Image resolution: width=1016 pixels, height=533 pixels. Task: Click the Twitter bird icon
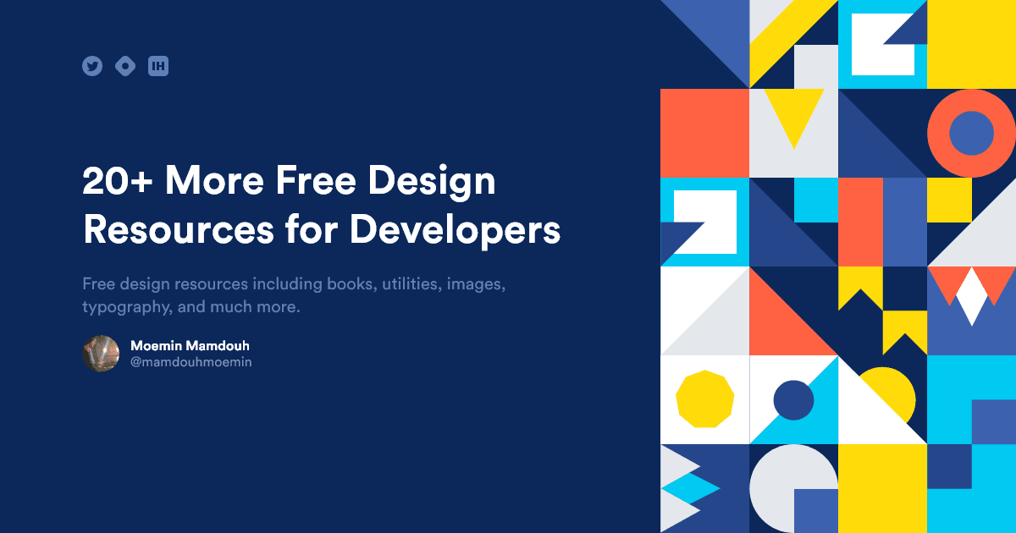[x=92, y=66]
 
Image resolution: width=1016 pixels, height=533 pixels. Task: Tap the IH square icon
[x=158, y=66]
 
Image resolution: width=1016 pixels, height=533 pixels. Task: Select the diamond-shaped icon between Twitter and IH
[x=125, y=66]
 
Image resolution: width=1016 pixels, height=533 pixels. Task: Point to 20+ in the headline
[x=118, y=180]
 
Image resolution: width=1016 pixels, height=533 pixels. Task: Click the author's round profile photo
[x=101, y=354]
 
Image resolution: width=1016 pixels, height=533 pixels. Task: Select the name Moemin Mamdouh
[x=190, y=346]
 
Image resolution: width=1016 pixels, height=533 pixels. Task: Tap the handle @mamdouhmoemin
[x=190, y=362]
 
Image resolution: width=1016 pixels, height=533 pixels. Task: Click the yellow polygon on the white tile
[x=704, y=398]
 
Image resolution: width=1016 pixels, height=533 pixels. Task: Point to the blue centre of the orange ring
[x=971, y=133]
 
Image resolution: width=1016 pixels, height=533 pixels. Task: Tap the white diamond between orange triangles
[x=971, y=296]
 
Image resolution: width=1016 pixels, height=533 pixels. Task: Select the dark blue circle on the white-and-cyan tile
[x=793, y=399]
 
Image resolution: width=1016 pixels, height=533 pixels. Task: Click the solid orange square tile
[x=704, y=133]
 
